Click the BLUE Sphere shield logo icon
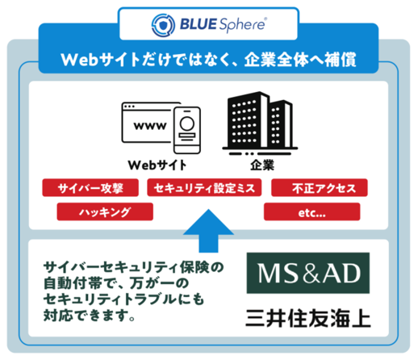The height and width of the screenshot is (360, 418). click(x=163, y=25)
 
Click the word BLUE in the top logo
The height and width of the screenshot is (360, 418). click(x=198, y=24)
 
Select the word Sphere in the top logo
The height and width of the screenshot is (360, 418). click(x=243, y=25)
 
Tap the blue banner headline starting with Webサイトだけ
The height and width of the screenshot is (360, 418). click(x=208, y=60)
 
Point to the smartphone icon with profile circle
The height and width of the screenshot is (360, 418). click(x=187, y=130)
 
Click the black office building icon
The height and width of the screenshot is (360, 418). click(x=260, y=123)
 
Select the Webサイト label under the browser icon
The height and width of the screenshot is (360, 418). click(x=157, y=165)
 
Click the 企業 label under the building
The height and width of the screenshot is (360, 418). click(x=262, y=165)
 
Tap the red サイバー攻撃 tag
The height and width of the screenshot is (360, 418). click(x=90, y=188)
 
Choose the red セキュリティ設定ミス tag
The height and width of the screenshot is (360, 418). click(x=204, y=187)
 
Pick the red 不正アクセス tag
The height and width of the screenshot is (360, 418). click(x=320, y=187)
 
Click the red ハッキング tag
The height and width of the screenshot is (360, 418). click(x=105, y=211)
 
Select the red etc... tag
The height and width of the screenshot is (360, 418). click(x=311, y=211)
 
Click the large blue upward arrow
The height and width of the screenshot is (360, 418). click(x=208, y=231)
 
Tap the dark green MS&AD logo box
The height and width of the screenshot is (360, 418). click(x=308, y=273)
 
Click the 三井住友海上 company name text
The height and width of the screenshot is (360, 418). click(x=308, y=318)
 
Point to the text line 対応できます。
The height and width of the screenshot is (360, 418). click(x=90, y=315)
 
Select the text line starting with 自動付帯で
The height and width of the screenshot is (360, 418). click(x=116, y=283)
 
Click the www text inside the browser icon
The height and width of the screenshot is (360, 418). click(x=150, y=126)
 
